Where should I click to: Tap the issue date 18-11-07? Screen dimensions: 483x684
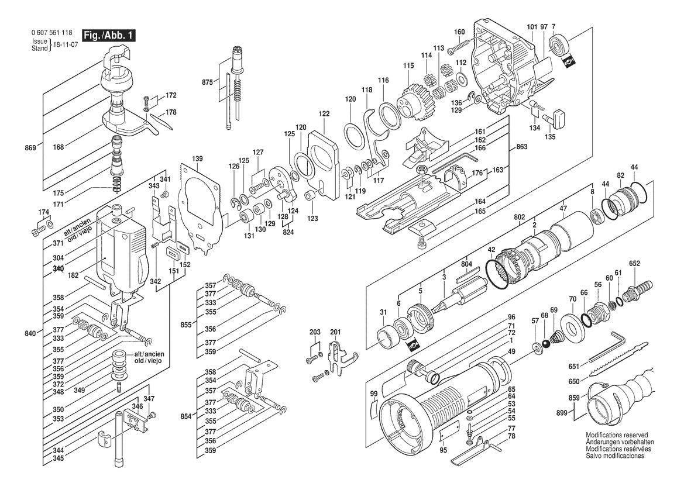(66, 44)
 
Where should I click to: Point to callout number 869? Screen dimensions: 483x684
(30, 149)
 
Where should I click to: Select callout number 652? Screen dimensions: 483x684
(634, 264)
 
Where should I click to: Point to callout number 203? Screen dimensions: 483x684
(315, 333)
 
